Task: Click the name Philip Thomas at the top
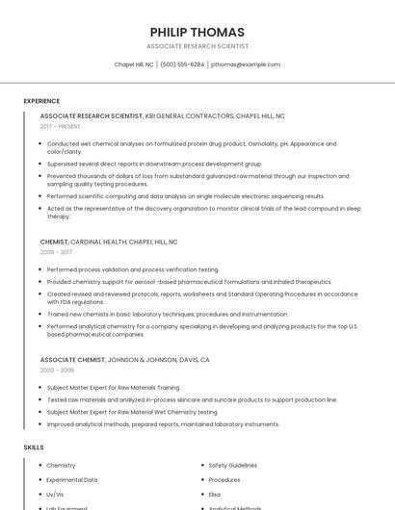tap(197, 32)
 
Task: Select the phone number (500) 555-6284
tap(183, 64)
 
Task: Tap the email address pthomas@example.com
tap(246, 64)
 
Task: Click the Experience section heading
tap(41, 101)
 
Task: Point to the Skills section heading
tap(34, 447)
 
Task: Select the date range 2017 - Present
tap(61, 126)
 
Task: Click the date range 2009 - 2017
tap(56, 252)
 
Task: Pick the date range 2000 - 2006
tap(57, 370)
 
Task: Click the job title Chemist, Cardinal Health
tap(109, 242)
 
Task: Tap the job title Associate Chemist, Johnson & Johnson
tap(125, 360)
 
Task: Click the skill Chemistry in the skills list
tap(61, 466)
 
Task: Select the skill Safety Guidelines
tap(233, 466)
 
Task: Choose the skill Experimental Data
tap(72, 480)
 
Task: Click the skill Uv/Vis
tap(56, 495)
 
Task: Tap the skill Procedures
tap(224, 480)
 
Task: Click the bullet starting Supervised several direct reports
tap(154, 165)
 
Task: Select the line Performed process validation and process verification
tap(133, 269)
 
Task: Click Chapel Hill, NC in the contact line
tap(134, 64)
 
